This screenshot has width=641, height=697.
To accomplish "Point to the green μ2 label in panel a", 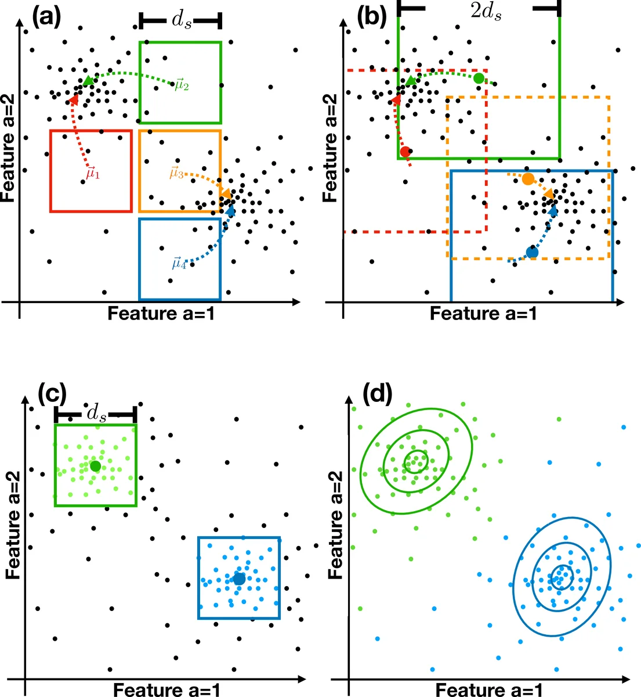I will [x=182, y=85].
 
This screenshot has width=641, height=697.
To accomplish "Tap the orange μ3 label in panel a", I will [x=176, y=173].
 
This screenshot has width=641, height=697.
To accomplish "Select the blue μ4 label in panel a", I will [x=179, y=263].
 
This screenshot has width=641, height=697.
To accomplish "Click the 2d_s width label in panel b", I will [x=486, y=12].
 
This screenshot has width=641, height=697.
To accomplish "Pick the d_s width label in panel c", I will [x=96, y=414].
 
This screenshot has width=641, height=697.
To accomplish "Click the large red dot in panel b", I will [x=405, y=152].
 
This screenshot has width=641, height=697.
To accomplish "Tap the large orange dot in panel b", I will [x=527, y=179].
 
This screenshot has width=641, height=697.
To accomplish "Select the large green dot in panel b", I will [x=479, y=78].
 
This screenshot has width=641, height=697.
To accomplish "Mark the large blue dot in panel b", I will [x=532, y=252].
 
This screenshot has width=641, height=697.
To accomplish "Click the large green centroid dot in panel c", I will [x=96, y=466].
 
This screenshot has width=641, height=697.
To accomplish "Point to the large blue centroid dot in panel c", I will [x=239, y=579].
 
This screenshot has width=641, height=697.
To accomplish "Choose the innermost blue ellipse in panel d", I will [x=561, y=577].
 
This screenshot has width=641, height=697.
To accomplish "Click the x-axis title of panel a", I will [x=161, y=314].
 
